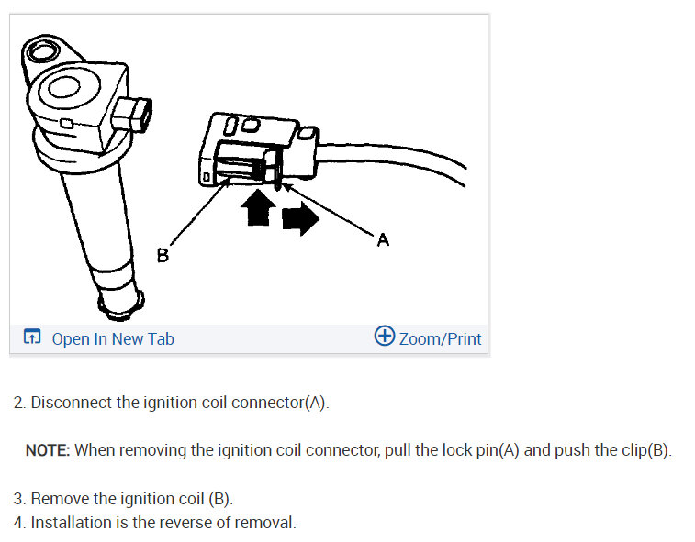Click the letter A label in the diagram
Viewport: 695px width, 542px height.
click(x=383, y=240)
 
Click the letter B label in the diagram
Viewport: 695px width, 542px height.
click(x=163, y=256)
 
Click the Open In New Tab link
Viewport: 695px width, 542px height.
click(x=112, y=339)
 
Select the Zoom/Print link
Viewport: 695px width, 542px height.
click(x=440, y=339)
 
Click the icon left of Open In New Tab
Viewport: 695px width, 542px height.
click(x=32, y=338)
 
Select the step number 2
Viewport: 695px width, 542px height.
click(x=18, y=403)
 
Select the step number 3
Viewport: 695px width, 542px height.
click(x=18, y=499)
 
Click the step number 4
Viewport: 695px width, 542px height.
click(x=18, y=523)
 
